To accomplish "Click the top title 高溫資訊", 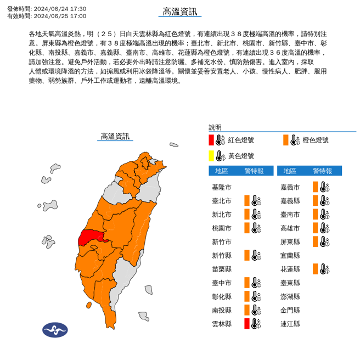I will (x=179, y=12).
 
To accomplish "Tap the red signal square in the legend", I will (x=211, y=140).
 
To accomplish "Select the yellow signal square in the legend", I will (x=211, y=156).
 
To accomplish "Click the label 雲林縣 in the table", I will (x=222, y=324).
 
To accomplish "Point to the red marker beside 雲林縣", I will (x=248, y=323).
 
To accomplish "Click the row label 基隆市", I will (x=222, y=187).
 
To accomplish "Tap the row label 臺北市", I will (x=222, y=201).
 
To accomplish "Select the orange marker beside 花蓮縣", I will (x=316, y=269).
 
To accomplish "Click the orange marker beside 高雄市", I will (x=316, y=228).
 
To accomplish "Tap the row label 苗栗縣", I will (x=222, y=269).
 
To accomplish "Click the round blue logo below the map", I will (x=55, y=330).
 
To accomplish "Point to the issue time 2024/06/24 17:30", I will (x=60, y=9).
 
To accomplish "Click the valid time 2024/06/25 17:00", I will (x=60, y=16).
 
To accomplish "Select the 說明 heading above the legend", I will (x=216, y=127).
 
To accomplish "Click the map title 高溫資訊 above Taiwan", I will (x=115, y=136).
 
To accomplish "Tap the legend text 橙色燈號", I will (x=316, y=140).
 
